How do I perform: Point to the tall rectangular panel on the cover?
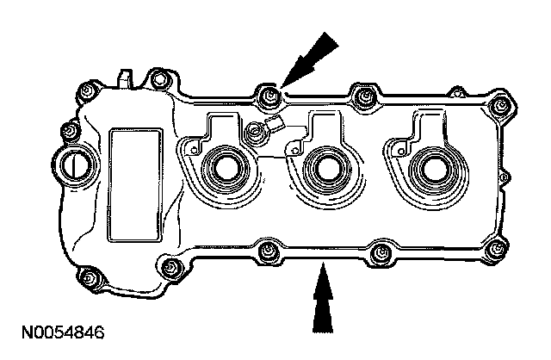tap(134, 183)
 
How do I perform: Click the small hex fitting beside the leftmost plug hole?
tap(256, 133)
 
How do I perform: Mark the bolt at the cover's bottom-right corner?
tap(493, 251)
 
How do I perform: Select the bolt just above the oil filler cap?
tap(65, 131)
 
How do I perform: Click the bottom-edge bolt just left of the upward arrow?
tap(268, 252)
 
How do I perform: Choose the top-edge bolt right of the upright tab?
tap(157, 83)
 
